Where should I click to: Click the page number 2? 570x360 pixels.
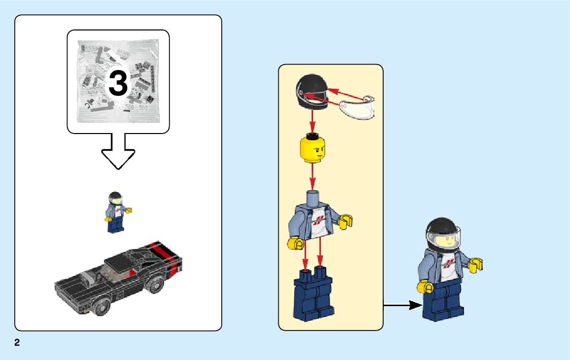point(17,343)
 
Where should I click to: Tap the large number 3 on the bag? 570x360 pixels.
point(118,84)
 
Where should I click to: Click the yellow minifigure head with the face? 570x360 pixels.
point(312,148)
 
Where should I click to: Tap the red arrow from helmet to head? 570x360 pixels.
point(312,122)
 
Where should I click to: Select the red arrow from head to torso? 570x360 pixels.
point(313,176)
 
